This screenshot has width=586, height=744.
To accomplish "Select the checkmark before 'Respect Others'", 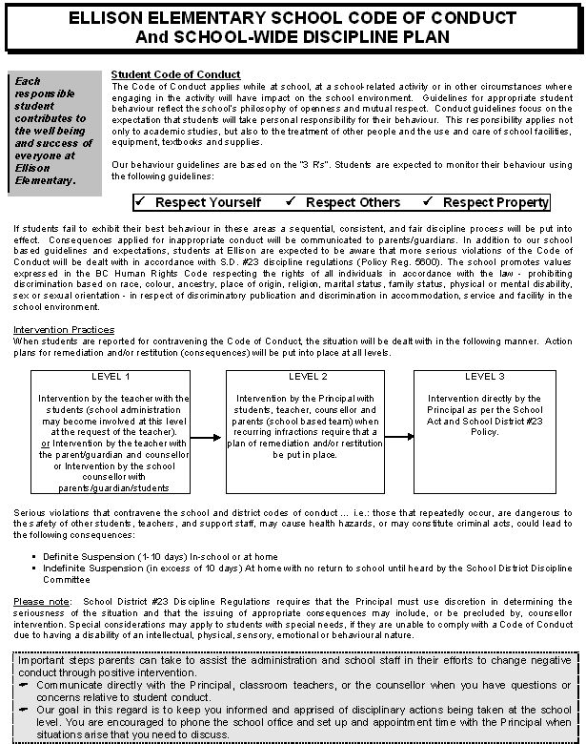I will (293, 201).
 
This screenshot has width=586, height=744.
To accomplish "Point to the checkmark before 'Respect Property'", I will (430, 201).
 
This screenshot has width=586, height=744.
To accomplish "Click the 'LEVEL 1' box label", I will (111, 377).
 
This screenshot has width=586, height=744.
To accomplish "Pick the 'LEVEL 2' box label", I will (307, 377).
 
